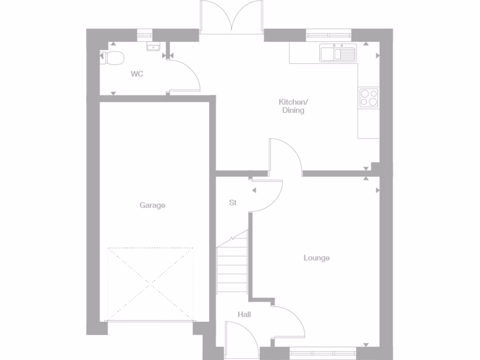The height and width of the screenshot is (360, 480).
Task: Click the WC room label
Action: click(137, 74)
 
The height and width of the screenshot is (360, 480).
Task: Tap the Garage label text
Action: click(152, 205)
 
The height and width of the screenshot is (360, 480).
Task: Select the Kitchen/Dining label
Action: click(293, 106)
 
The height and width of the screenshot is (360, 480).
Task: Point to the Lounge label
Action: click(316, 258)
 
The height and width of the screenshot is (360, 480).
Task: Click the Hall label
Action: click(244, 315)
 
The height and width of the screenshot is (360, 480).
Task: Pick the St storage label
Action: click(233, 203)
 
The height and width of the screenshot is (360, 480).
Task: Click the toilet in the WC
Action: click(113, 58)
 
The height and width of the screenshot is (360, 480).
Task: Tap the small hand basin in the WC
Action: click(153, 46)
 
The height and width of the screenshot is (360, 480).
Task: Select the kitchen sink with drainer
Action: click(338, 52)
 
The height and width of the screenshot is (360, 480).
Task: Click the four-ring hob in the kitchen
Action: click(369, 97)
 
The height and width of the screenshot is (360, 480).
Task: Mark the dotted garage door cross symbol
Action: click(150, 284)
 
